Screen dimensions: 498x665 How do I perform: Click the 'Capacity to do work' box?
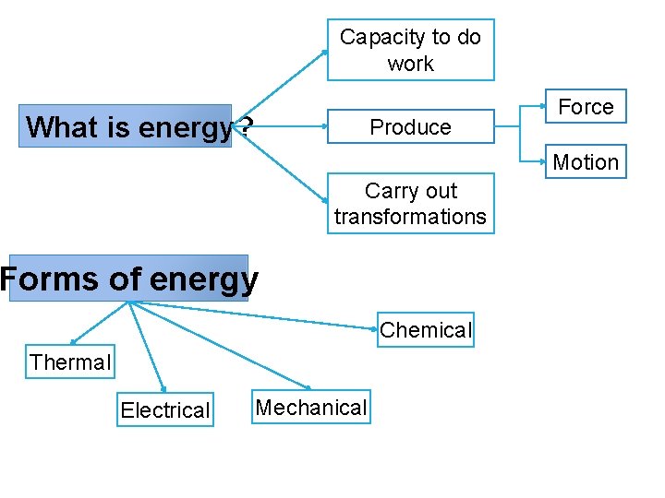point(411,50)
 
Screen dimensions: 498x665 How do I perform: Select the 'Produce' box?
point(411,127)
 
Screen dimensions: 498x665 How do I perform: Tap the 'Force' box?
point(586,107)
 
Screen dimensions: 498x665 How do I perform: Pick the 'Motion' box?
point(586,162)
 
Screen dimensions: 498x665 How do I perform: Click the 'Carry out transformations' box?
point(411,204)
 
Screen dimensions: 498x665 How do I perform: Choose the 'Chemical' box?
point(426,330)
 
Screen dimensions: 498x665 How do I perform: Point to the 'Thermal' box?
point(70,362)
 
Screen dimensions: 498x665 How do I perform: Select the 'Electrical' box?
point(165,410)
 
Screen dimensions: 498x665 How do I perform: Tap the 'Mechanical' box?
point(311,408)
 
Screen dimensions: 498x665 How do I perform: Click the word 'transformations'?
point(411,217)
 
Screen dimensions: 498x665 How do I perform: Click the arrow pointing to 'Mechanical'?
point(222,346)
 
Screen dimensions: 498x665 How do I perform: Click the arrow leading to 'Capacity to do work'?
point(286,83)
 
